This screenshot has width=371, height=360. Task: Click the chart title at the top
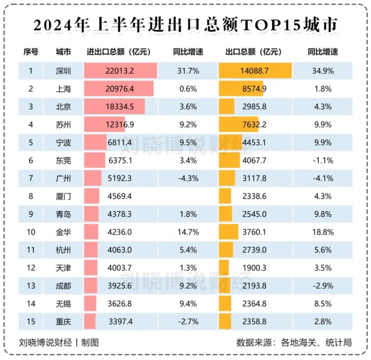[185, 25]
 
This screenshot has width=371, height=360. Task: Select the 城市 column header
[63, 52]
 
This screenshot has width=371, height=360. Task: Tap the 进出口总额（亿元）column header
[118, 52]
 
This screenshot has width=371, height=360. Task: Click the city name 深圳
[63, 71]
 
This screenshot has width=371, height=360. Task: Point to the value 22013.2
[119, 71]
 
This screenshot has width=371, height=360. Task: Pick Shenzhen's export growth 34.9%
[323, 71]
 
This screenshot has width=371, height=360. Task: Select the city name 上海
[63, 89]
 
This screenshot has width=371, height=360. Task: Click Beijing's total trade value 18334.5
[119, 107]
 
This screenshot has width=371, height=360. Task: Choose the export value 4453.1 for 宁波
[253, 143]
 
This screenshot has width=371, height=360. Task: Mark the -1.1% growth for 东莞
[323, 160]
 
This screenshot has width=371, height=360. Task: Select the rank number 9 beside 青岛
[31, 214]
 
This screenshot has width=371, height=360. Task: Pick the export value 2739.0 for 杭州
[253, 250]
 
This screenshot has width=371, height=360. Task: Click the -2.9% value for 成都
[323, 286]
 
